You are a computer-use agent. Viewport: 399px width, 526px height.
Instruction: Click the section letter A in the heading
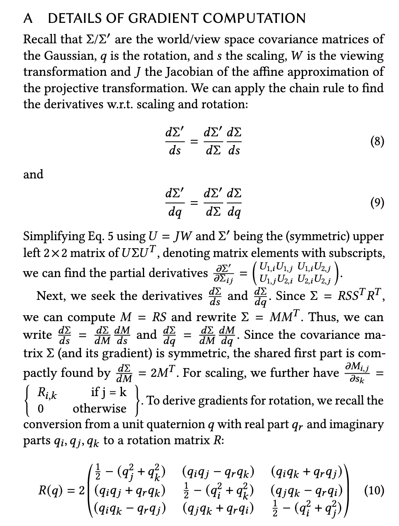coord(28,18)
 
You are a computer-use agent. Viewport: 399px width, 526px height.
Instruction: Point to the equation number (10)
coord(375,490)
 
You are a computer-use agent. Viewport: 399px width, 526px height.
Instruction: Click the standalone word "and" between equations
coord(33,174)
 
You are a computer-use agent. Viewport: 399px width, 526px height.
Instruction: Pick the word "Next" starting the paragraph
coord(49,296)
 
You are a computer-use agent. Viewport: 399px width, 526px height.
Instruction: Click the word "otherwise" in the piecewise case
coord(100,409)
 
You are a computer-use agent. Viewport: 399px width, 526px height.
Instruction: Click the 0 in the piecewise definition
coord(40,409)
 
